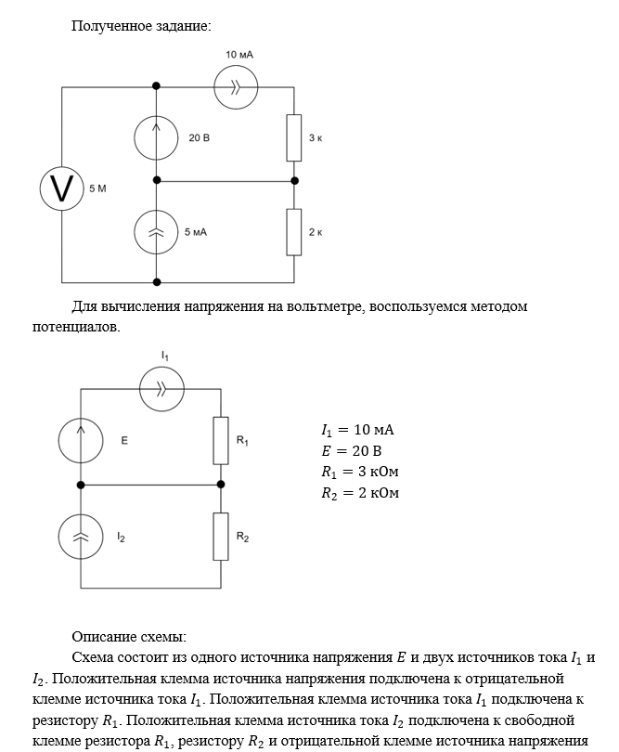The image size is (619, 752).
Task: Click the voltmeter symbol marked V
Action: click(62, 188)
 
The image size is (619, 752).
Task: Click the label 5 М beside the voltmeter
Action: click(97, 189)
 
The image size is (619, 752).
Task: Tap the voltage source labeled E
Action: click(81, 439)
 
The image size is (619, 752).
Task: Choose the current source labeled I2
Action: click(81, 538)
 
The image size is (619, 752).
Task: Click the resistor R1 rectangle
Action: click(220, 440)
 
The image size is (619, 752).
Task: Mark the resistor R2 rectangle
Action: click(220, 537)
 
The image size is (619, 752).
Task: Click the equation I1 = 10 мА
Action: click(357, 430)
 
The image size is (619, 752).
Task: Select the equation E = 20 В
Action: click(352, 451)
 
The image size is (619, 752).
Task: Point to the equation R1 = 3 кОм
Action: click(360, 472)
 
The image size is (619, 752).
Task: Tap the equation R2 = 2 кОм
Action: click(360, 492)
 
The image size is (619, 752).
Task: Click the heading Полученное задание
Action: click(141, 25)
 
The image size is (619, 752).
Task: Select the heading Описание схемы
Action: click(129, 637)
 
